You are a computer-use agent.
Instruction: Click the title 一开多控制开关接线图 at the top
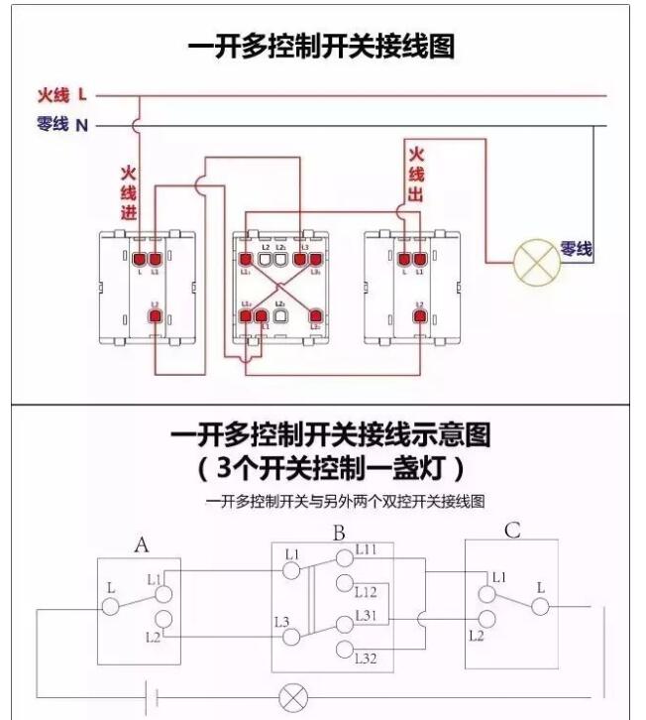pos(322,47)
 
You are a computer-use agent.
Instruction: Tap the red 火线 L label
pos(62,95)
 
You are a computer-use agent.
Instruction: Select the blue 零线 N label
pos(62,125)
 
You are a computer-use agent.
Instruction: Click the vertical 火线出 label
pos(416,175)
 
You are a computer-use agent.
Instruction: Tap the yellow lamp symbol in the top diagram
pos(536,263)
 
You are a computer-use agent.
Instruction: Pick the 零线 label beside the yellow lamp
pos(576,249)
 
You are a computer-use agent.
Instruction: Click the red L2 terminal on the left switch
pos(155,316)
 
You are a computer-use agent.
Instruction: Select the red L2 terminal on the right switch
pos(420,316)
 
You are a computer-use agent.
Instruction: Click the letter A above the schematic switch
pos(142,544)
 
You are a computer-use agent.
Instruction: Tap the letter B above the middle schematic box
pos(339,534)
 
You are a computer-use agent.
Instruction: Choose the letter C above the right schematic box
pos(511,532)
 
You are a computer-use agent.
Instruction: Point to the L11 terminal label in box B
pos(365,549)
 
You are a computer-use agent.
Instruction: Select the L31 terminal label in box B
pos(368,615)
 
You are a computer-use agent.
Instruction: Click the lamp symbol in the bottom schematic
pos(293,696)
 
